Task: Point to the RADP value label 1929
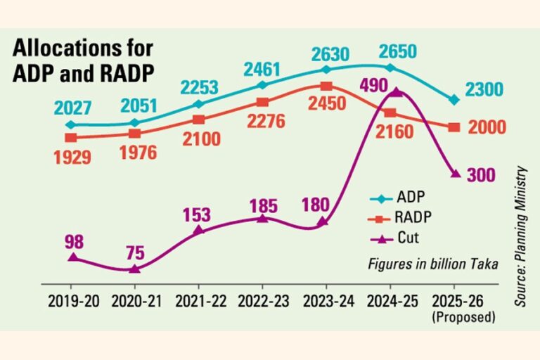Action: pyautogui.click(x=72, y=156)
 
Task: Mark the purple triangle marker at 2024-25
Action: pyautogui.click(x=397, y=91)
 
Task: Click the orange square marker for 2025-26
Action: pyautogui.click(x=454, y=127)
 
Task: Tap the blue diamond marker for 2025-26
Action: pyautogui.click(x=454, y=100)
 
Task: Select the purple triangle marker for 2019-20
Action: pyautogui.click(x=72, y=257)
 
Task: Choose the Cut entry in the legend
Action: pyautogui.click(x=402, y=238)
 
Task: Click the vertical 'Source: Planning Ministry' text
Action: pyautogui.click(x=521, y=235)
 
